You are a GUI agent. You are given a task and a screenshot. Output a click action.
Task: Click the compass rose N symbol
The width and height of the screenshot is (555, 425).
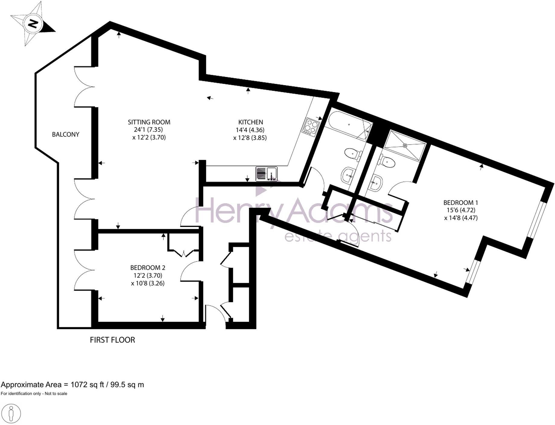click(x=33, y=24)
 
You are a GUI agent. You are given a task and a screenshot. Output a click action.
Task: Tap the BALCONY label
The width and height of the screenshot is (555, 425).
click(x=65, y=134)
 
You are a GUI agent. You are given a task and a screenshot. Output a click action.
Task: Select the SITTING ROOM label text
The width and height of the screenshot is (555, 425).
click(x=149, y=122)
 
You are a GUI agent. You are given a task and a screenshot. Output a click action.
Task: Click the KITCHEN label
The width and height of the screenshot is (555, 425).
click(x=250, y=122)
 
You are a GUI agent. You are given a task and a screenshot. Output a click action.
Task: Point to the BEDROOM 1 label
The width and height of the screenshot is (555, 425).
click(x=461, y=203)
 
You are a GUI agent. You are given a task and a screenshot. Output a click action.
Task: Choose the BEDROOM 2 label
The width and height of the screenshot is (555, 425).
click(x=147, y=267)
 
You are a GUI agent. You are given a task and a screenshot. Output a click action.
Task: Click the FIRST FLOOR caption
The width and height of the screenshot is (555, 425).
click(x=112, y=340)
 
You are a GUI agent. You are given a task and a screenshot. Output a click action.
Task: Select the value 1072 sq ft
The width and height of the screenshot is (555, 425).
click(x=87, y=385)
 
